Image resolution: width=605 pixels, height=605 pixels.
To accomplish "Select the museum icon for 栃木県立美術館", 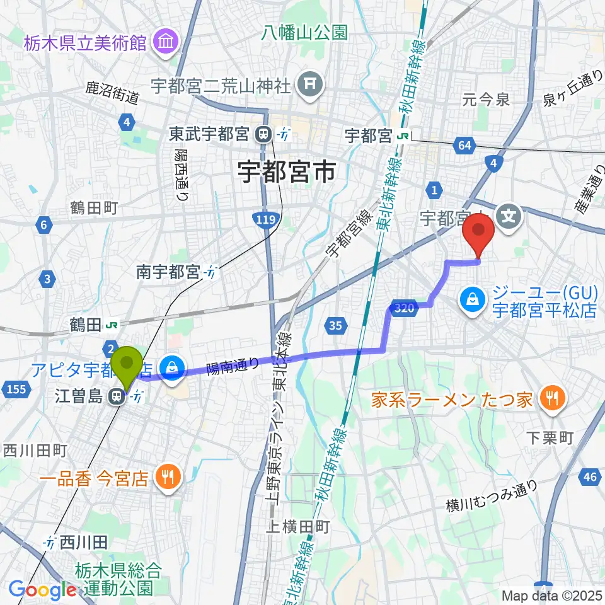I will [168, 42].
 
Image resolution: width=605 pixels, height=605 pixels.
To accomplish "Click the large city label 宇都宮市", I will [286, 171].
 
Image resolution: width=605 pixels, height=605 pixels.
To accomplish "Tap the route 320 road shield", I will [405, 308].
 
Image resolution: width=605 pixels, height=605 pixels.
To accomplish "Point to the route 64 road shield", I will [465, 146].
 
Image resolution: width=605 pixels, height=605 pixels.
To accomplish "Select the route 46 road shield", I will [590, 477].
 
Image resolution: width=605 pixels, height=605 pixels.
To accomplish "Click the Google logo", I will [42, 591].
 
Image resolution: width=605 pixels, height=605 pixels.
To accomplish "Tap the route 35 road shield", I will [336, 325].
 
